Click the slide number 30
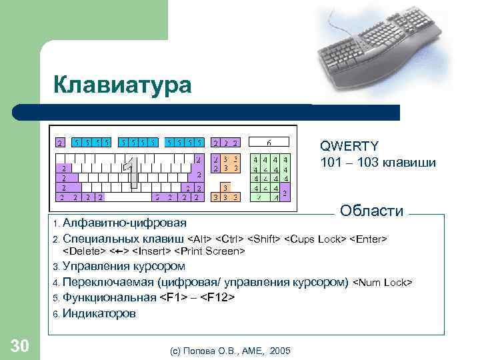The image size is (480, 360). pos(19,345)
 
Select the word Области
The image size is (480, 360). pos(371,211)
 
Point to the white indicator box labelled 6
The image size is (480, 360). pos(269,142)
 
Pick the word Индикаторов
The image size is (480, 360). pos(99,313)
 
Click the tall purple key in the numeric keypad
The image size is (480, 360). pos(285,193)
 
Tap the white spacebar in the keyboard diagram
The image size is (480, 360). pos(126,197)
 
